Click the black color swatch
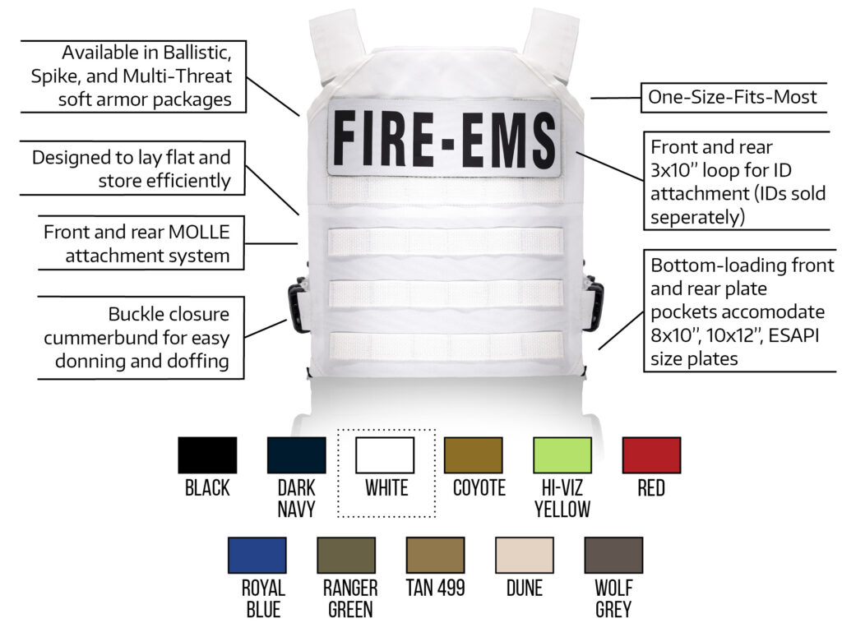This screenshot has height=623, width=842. click(x=207, y=455)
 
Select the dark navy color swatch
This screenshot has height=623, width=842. click(x=296, y=455)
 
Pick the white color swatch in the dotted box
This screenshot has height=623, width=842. click(x=385, y=455)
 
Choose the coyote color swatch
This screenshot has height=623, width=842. click(x=474, y=455)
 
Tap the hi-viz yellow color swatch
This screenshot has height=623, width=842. click(x=562, y=455)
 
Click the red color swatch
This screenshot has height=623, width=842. click(x=651, y=455)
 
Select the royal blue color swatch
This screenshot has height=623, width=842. click(x=257, y=555)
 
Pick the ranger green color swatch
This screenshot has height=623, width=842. click(x=346, y=555)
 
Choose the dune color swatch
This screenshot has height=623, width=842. click(x=524, y=555)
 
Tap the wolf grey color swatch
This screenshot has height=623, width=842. click(x=613, y=555)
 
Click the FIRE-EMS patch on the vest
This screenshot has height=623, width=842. click(x=445, y=138)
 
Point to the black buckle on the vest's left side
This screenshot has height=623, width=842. click(x=298, y=305)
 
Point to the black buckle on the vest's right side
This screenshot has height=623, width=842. click(x=594, y=303)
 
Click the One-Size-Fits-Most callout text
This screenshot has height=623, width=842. click(x=733, y=97)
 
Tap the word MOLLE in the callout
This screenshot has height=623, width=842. click(x=199, y=232)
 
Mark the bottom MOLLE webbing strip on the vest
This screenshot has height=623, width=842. click(x=446, y=345)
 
